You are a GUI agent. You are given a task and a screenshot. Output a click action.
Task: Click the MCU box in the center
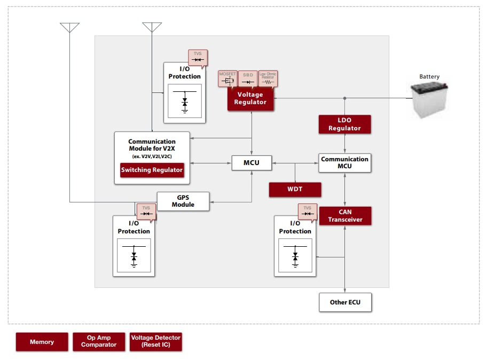point(252,163)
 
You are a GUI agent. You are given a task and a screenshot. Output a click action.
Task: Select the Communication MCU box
point(344,163)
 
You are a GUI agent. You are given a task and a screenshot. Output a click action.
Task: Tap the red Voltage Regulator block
point(250,99)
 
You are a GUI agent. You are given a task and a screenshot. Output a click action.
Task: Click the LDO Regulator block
point(344,124)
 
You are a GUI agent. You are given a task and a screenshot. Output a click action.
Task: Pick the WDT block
point(295,190)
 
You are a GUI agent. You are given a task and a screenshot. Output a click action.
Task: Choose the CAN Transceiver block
point(345,216)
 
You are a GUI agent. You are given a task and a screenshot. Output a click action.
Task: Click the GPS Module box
point(183,201)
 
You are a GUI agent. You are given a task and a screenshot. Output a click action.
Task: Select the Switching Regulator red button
point(152,170)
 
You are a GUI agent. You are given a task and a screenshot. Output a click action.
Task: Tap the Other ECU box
point(345,302)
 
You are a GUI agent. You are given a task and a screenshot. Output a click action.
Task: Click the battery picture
point(429,99)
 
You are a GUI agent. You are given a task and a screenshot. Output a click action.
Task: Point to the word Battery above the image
point(429,76)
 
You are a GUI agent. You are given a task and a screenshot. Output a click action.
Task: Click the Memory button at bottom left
point(42,342)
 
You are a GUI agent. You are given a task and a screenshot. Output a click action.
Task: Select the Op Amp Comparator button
point(99,341)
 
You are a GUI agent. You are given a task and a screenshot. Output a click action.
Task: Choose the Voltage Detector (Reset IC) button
point(156,341)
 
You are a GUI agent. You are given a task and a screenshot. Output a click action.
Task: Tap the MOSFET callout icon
point(227,78)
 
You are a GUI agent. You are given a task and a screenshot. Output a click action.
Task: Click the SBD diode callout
point(248,78)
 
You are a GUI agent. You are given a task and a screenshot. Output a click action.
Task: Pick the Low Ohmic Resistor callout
point(268,78)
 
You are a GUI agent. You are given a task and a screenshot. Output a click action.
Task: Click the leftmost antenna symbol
point(69,28)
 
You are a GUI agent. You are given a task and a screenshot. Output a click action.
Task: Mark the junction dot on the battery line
point(345,98)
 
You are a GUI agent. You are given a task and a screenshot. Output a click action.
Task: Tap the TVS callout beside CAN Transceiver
point(307,212)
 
